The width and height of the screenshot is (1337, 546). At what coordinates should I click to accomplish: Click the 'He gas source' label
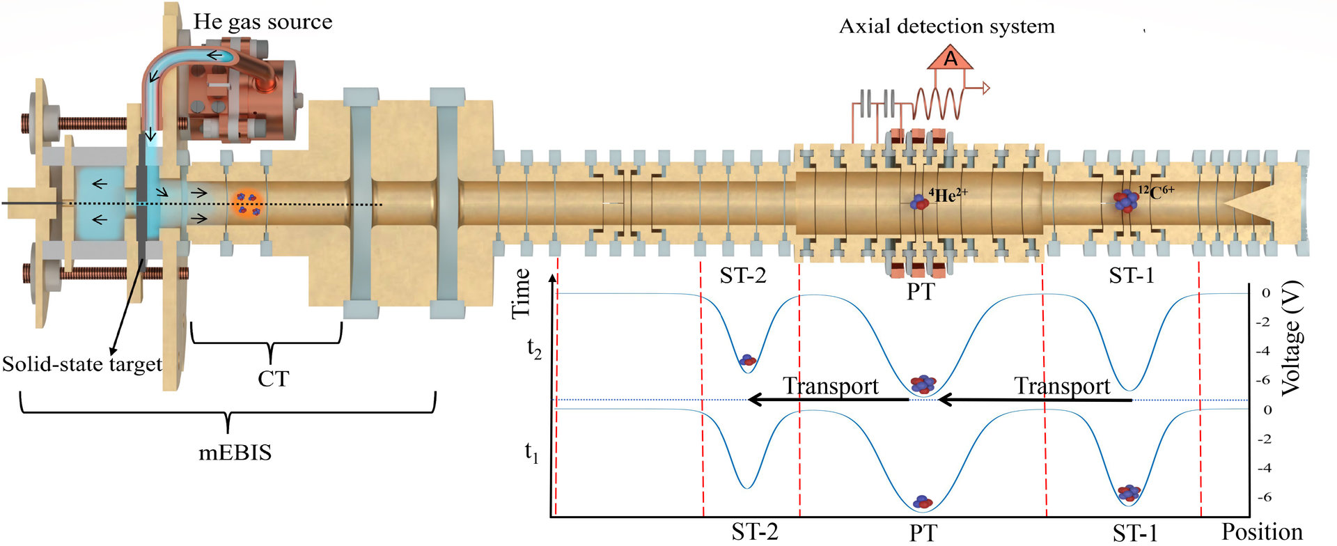point(263,22)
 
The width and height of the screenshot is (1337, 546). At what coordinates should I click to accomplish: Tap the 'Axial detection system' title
point(946,27)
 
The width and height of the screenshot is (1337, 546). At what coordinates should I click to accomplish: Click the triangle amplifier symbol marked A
point(950,59)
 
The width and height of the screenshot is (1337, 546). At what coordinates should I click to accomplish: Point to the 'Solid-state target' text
point(81,364)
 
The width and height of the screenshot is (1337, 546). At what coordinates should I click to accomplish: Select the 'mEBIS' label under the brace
point(235,453)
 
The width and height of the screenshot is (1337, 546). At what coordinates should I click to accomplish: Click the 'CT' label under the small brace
point(272,378)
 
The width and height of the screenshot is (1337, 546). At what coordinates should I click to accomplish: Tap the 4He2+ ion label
point(947,195)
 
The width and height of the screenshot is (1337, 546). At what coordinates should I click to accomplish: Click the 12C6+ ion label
point(1156,192)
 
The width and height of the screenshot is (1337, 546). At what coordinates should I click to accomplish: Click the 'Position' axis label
point(1262,532)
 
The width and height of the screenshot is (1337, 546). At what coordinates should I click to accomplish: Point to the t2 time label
point(534,348)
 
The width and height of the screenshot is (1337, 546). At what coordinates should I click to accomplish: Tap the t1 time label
point(532,453)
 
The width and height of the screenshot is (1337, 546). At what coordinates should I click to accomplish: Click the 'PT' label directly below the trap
point(920,291)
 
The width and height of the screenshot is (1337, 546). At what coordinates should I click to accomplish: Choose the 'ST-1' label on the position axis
point(1134,533)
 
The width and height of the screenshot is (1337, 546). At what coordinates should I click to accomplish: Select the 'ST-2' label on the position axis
point(754,532)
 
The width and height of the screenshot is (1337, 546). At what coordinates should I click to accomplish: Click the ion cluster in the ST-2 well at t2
point(748,360)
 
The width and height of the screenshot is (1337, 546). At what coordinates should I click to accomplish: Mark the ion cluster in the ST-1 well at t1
point(1129,492)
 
